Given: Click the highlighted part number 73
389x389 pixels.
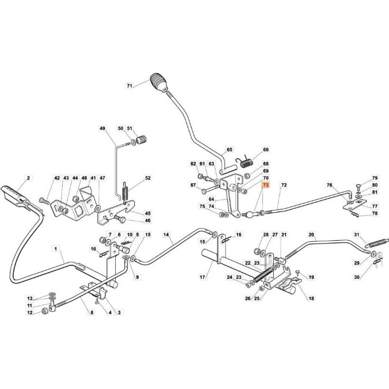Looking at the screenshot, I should click(x=265, y=186).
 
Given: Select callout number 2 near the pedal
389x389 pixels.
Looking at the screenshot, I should click(x=28, y=178).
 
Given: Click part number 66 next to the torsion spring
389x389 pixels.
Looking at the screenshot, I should click(x=265, y=150).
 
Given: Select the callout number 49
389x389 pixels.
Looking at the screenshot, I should click(x=102, y=128).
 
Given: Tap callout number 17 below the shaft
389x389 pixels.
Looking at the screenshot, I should click(x=203, y=278).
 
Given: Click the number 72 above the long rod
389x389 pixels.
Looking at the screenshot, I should click(x=284, y=186).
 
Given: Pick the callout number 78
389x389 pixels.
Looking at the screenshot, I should click(x=375, y=213).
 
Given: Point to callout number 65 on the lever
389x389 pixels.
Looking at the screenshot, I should click(x=230, y=150).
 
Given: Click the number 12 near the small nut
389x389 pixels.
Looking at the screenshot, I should click(x=29, y=313).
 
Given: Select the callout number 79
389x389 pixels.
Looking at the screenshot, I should click(x=375, y=178).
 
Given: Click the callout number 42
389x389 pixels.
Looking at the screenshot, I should click(x=56, y=178).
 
